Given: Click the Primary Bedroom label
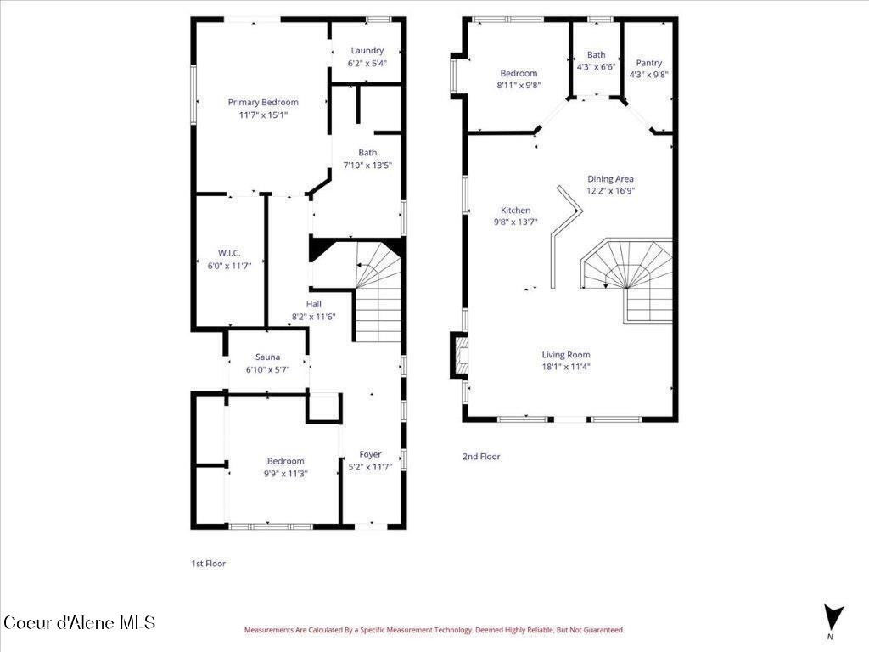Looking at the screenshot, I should [x=263, y=103].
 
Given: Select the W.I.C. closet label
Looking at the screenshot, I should [x=229, y=253].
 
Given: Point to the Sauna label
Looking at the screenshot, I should [x=268, y=357].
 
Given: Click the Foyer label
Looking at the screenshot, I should [x=370, y=454].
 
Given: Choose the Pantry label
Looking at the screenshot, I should [x=649, y=63].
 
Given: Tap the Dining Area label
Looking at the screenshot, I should [x=611, y=179].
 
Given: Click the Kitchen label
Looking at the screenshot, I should [x=515, y=211].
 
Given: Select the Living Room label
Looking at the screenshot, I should [x=566, y=355].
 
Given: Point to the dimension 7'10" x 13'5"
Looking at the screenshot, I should [x=367, y=165].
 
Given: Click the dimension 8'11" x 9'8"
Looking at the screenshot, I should [x=519, y=85].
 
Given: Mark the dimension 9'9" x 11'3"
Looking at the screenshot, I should [x=285, y=473].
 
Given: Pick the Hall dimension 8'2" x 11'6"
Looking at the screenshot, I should [x=314, y=316].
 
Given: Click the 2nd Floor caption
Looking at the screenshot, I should [x=481, y=457].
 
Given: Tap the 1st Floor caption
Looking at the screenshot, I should [x=208, y=563].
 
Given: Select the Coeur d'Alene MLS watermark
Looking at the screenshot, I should [x=81, y=623].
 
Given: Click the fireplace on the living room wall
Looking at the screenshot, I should [x=459, y=355].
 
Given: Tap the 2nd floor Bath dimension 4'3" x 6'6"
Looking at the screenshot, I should [x=596, y=66].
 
